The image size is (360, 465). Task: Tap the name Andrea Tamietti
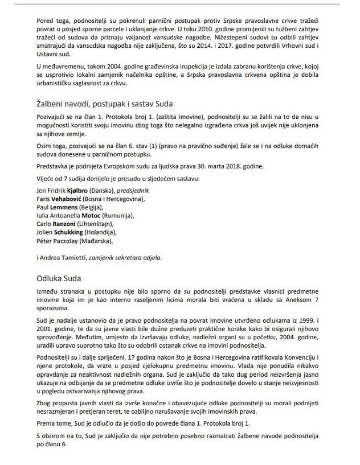click(62, 257)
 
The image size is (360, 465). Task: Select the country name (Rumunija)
click(118, 216)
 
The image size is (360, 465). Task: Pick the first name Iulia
click(43, 216)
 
